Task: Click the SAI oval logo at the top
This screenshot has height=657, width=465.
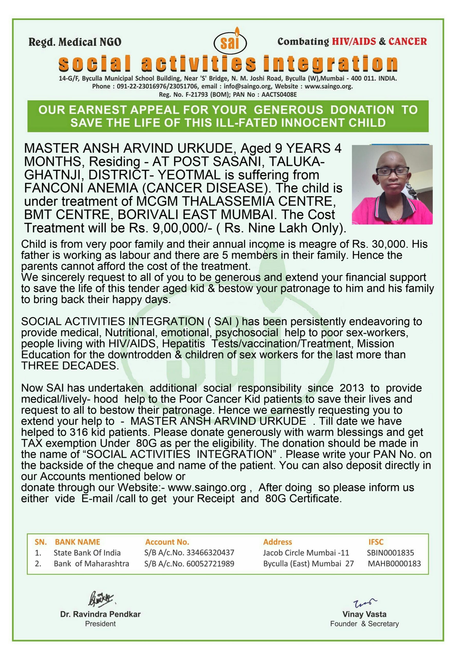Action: tap(230, 43)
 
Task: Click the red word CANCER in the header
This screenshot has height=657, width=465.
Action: tap(407, 42)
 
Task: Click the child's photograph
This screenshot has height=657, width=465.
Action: tap(392, 184)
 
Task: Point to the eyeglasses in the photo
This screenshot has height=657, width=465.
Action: tap(392, 171)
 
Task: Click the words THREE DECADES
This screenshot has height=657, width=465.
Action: tap(70, 366)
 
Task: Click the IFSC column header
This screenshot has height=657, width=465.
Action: tap(376, 542)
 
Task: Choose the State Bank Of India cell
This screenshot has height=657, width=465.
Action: tap(87, 553)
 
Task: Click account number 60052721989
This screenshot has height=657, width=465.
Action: tap(210, 564)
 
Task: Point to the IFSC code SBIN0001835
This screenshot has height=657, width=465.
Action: tap(390, 553)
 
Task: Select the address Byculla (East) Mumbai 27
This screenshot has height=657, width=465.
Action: tap(309, 564)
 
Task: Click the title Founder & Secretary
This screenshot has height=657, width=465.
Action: tap(364, 624)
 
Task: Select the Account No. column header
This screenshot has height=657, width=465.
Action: tap(167, 542)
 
